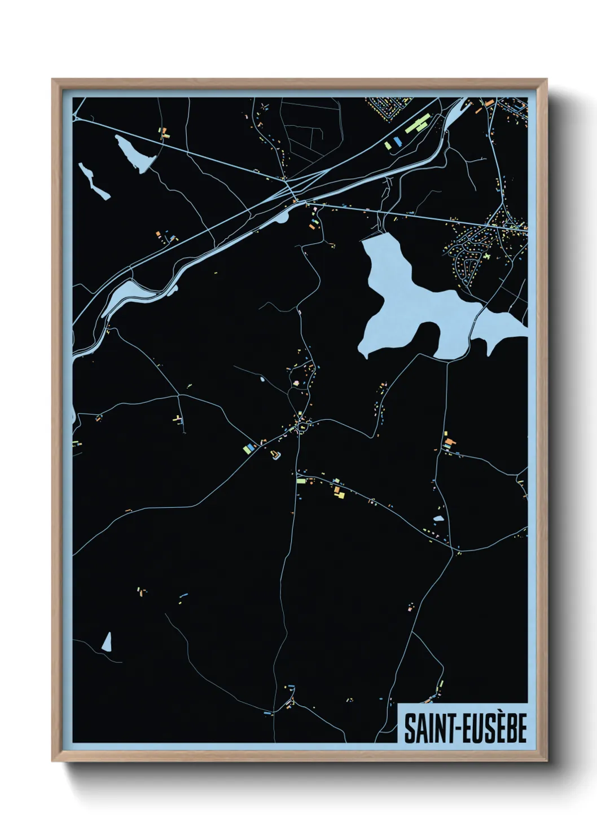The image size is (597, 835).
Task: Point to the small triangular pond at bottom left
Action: (x=107, y=641)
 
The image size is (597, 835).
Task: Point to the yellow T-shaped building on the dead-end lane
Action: (x=178, y=419)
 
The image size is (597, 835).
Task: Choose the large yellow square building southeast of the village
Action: (x=341, y=494)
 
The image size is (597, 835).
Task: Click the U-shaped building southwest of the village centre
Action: (x=275, y=455)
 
